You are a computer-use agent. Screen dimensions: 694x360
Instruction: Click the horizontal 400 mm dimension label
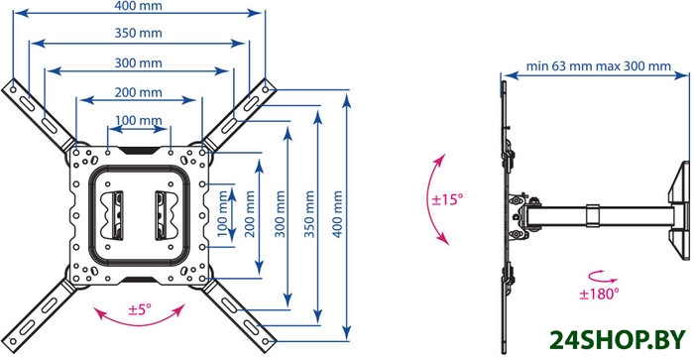[138, 6]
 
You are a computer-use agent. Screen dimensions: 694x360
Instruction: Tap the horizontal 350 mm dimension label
[138, 33]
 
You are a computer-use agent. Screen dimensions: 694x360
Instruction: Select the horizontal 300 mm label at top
[138, 62]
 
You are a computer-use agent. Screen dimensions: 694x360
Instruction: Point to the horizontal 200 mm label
[138, 92]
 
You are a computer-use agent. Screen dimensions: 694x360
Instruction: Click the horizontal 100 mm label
[138, 120]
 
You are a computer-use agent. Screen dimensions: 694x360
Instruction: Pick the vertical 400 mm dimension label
[337, 214]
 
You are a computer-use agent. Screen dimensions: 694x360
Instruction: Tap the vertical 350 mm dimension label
[309, 214]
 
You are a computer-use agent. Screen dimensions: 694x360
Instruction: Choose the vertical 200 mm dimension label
[250, 214]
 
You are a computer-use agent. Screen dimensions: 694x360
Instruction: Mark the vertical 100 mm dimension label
[222, 214]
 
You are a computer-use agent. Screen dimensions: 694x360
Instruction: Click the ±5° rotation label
[140, 308]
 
